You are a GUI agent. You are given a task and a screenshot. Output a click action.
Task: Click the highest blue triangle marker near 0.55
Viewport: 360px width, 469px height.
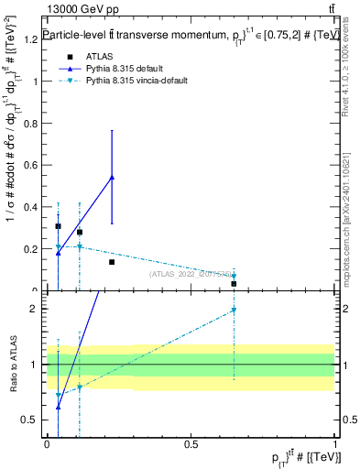pyautogui.click(x=112, y=177)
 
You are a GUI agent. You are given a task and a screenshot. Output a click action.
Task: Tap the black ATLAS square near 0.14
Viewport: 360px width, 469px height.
pyautogui.click(x=112, y=262)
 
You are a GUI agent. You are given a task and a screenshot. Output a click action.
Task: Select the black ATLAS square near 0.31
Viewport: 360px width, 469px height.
pyautogui.click(x=58, y=226)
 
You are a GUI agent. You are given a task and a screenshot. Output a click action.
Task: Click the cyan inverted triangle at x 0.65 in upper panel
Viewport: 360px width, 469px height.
pyautogui.click(x=234, y=276)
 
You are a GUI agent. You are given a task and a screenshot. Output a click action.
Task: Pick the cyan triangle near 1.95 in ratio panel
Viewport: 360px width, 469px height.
pyautogui.click(x=234, y=311)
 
